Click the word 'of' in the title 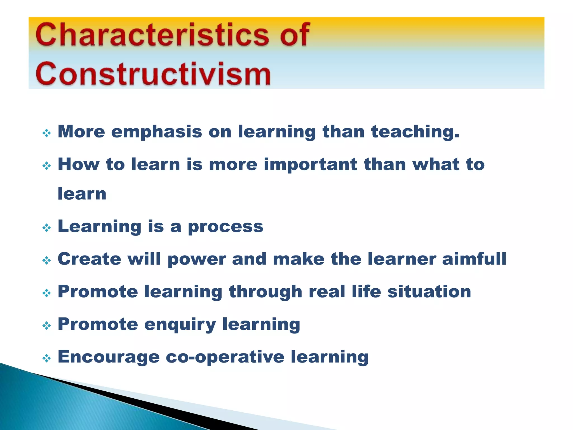click(295, 35)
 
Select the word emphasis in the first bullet click(156, 132)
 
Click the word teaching click(415, 132)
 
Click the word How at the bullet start click(78, 164)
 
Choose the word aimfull click(474, 259)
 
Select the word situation click(429, 292)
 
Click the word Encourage click(109, 357)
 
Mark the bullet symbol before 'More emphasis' click(46, 133)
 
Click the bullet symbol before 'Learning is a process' click(46, 228)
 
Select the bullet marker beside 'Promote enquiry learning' click(46, 326)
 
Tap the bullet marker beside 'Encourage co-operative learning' click(46, 358)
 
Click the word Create click(89, 259)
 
